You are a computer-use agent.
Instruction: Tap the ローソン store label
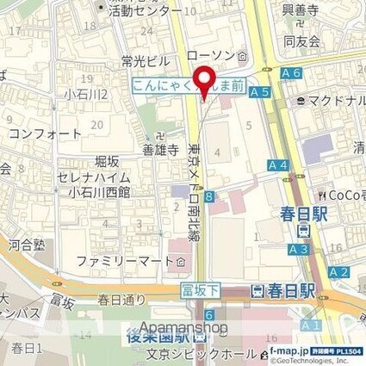tap(211, 56)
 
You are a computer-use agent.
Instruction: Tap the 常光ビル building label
tap(146, 62)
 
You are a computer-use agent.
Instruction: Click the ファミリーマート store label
tap(129, 260)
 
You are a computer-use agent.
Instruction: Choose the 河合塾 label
tap(27, 245)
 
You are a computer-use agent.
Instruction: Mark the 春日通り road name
tap(121, 300)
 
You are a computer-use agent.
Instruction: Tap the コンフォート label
tap(46, 134)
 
